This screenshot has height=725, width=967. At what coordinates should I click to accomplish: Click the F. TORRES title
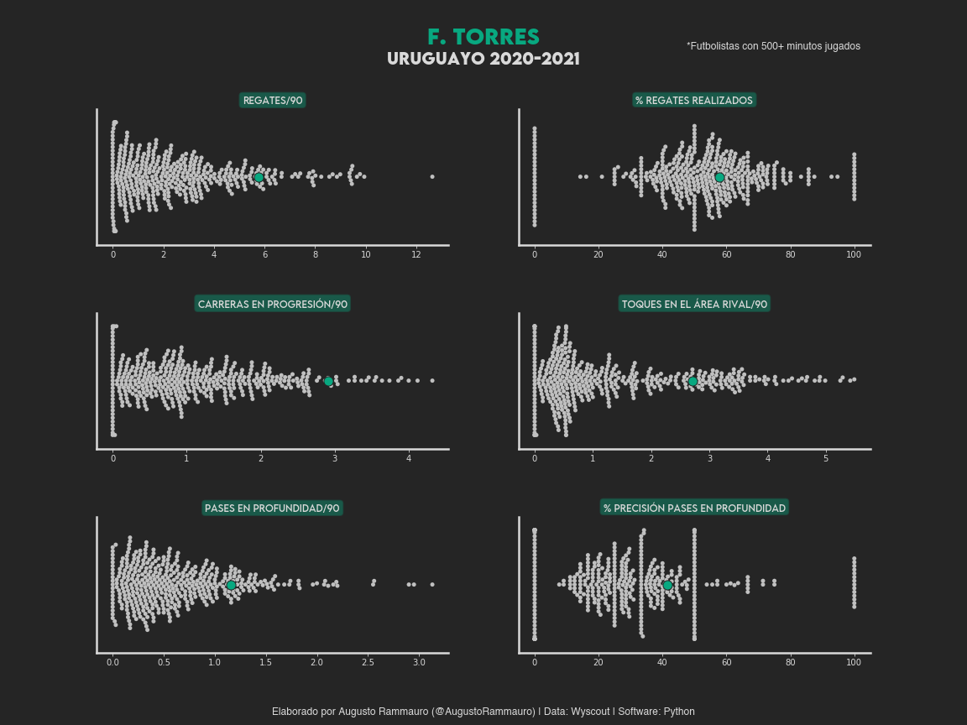click(x=483, y=37)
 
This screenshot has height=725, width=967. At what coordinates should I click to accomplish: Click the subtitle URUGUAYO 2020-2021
click(x=483, y=60)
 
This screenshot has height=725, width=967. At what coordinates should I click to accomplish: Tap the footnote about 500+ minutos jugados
click(x=773, y=46)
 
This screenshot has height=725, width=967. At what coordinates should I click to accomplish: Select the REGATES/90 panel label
click(x=273, y=101)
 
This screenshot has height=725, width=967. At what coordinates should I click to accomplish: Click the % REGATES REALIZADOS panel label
click(x=693, y=101)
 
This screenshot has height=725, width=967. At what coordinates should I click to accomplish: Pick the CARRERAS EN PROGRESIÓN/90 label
click(x=273, y=304)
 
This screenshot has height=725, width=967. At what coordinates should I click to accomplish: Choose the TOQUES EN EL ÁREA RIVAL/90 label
click(x=694, y=304)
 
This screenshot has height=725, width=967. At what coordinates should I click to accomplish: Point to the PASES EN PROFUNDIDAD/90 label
click(x=272, y=509)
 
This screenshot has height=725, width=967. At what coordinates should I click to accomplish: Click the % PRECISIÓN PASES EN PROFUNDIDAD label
click(x=694, y=509)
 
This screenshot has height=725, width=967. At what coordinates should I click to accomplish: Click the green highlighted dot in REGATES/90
click(x=259, y=177)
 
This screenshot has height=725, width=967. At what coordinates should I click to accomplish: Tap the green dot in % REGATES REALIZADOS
click(x=719, y=177)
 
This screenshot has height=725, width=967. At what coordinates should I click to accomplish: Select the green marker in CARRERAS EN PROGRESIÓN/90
click(x=328, y=381)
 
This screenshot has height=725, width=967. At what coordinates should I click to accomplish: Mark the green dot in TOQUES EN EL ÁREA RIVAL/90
click(x=693, y=381)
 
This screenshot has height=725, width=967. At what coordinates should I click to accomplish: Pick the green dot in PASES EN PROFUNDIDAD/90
click(x=231, y=585)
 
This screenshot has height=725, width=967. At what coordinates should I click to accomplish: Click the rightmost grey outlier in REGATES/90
click(x=432, y=176)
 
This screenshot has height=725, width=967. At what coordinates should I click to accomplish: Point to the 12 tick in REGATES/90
click(x=416, y=254)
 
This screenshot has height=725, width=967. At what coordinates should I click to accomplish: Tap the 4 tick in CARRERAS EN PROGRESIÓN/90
click(x=409, y=458)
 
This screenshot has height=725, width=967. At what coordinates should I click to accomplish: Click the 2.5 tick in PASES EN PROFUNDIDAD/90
click(x=369, y=663)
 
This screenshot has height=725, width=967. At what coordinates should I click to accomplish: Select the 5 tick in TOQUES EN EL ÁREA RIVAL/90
click(x=826, y=458)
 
